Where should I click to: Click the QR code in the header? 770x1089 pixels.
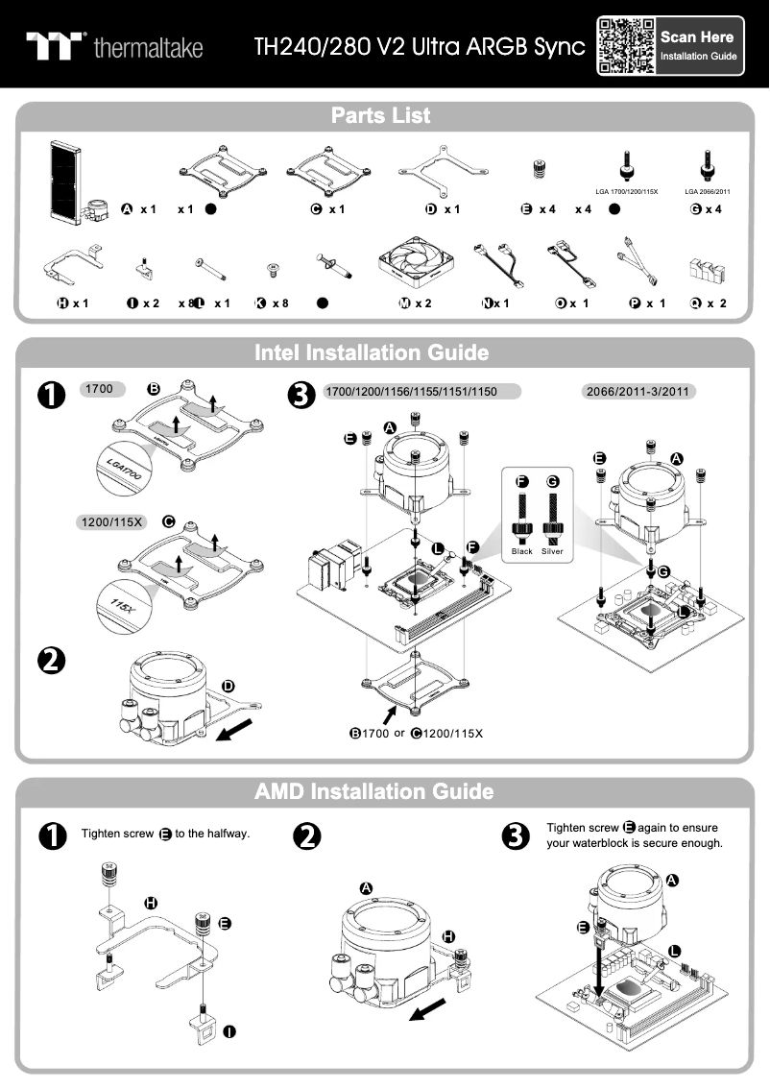[x=626, y=45]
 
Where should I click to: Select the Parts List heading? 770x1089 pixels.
[x=381, y=116]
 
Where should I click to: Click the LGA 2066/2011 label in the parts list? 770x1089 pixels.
[x=708, y=192]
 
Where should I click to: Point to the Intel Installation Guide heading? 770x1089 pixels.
[x=372, y=352]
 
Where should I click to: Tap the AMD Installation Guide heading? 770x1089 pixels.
[x=373, y=791]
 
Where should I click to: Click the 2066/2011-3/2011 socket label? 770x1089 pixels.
[x=639, y=392]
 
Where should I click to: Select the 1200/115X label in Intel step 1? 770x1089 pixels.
[x=110, y=523]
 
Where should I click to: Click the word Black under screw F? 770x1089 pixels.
[x=522, y=552]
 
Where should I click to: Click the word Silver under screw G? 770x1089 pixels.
[x=552, y=552]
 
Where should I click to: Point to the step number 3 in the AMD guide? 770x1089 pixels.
[x=516, y=836]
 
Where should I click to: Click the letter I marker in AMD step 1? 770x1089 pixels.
[x=230, y=1031]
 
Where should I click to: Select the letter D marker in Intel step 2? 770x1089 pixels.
[x=228, y=687]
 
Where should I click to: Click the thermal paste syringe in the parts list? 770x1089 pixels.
[x=333, y=265]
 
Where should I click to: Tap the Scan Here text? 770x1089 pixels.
[x=697, y=36]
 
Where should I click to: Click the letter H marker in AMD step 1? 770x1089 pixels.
[x=150, y=902]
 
